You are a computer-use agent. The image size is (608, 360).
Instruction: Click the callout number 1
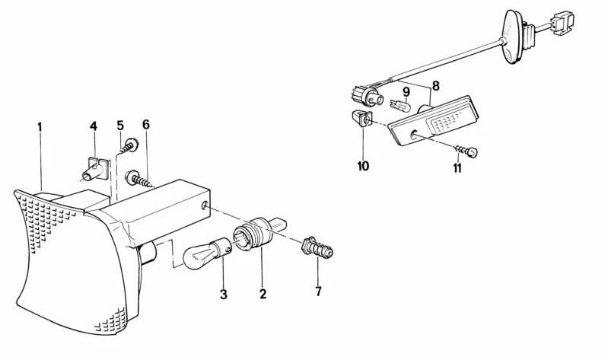pos(40,127)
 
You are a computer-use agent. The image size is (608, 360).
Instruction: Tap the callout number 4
pos(94,126)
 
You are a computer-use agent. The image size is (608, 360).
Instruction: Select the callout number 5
pos(120,126)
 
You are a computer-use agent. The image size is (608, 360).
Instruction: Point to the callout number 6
pos(146,125)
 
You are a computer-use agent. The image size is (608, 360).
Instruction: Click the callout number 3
pos(224,295)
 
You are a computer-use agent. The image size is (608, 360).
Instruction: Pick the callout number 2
pos(263,294)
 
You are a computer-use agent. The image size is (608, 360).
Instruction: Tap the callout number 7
pos(318,292)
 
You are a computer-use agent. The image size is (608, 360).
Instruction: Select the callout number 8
pos(436,86)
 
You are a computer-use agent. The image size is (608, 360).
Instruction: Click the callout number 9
pos(406,92)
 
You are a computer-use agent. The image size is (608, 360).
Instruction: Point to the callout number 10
pos(363,166)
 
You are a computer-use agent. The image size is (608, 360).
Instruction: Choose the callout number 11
pos(457,168)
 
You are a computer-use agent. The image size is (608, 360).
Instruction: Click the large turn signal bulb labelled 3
pos(206,253)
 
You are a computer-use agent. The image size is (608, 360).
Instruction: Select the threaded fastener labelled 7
pos(317,247)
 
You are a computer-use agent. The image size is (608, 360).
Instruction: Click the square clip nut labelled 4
pos(95,169)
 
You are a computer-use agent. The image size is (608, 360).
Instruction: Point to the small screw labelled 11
pos(466,151)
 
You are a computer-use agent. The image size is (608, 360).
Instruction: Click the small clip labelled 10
pos(361,118)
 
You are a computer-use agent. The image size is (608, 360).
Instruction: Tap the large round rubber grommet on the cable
pos(514,37)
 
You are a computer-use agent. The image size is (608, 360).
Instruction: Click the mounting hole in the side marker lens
pos(414,135)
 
